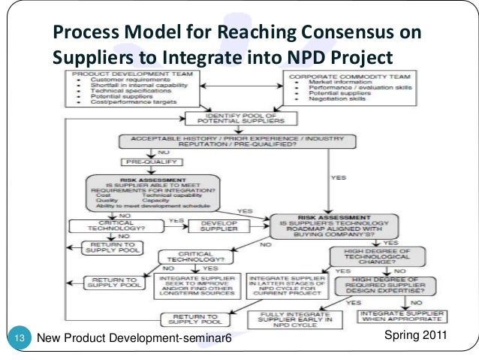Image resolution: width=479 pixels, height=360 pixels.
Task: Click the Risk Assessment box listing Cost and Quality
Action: [x=152, y=195]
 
